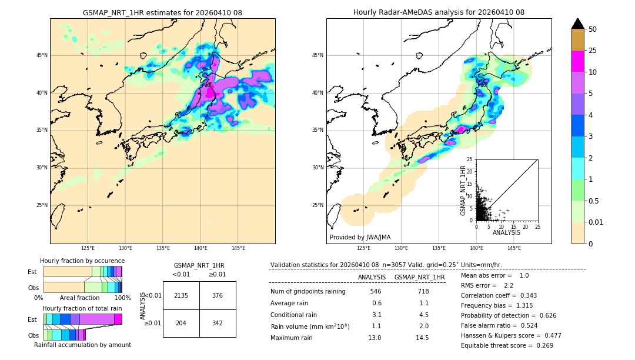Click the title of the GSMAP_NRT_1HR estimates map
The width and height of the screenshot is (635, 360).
click(x=162, y=12)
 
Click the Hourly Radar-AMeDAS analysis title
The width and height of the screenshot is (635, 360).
click(x=439, y=12)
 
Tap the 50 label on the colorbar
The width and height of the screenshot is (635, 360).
click(x=593, y=29)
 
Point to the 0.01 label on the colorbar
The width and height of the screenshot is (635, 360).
click(x=596, y=222)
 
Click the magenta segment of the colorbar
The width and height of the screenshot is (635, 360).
click(x=578, y=61)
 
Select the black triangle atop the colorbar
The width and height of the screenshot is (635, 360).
click(x=578, y=24)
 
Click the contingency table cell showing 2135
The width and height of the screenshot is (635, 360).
click(x=181, y=295)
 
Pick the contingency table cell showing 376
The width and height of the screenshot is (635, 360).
click(x=218, y=295)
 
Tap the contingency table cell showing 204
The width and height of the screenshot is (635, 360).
click(x=181, y=323)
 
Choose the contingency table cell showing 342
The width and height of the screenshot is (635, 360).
click(x=218, y=323)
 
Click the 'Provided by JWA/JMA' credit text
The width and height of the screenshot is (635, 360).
click(x=360, y=237)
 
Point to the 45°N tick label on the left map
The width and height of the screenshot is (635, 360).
click(x=42, y=55)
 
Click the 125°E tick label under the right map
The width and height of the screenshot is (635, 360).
click(x=363, y=248)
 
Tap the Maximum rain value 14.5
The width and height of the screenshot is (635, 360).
click(x=422, y=338)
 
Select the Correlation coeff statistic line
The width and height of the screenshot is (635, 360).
click(x=499, y=295)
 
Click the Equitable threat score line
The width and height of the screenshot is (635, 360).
click(x=507, y=345)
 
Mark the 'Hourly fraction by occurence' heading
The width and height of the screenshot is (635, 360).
click(x=82, y=261)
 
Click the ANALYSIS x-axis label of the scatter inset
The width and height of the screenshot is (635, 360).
click(x=506, y=232)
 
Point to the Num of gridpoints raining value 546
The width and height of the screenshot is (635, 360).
click(x=376, y=291)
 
